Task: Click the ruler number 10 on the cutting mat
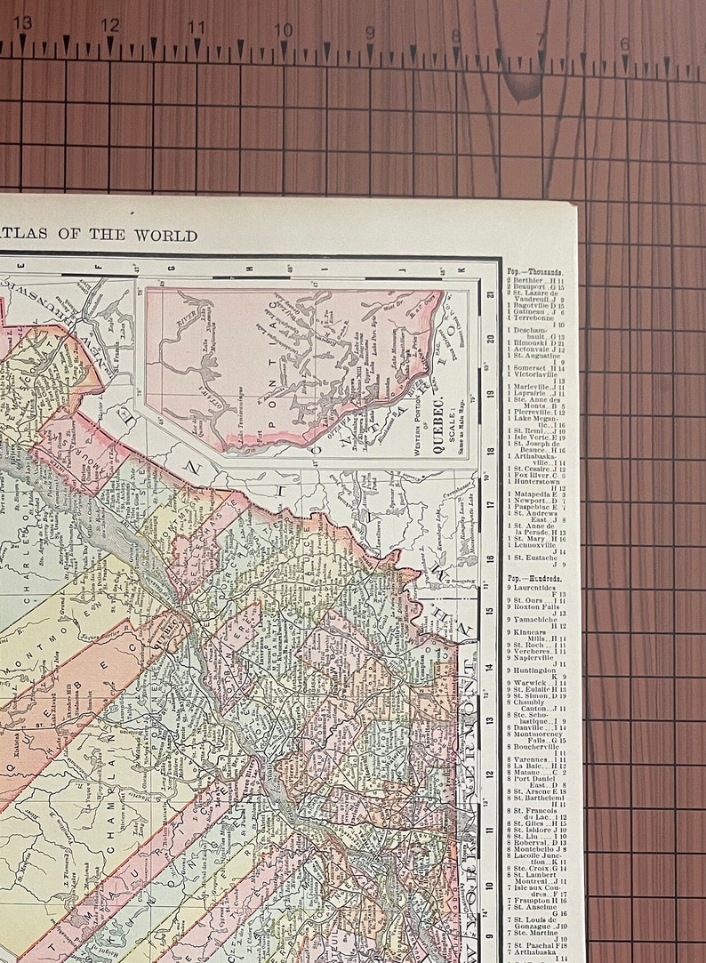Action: pos(283,29)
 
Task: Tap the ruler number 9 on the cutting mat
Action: pos(370,32)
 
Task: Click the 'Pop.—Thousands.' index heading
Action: pos(534,272)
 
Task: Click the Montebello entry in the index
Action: pos(534,850)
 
